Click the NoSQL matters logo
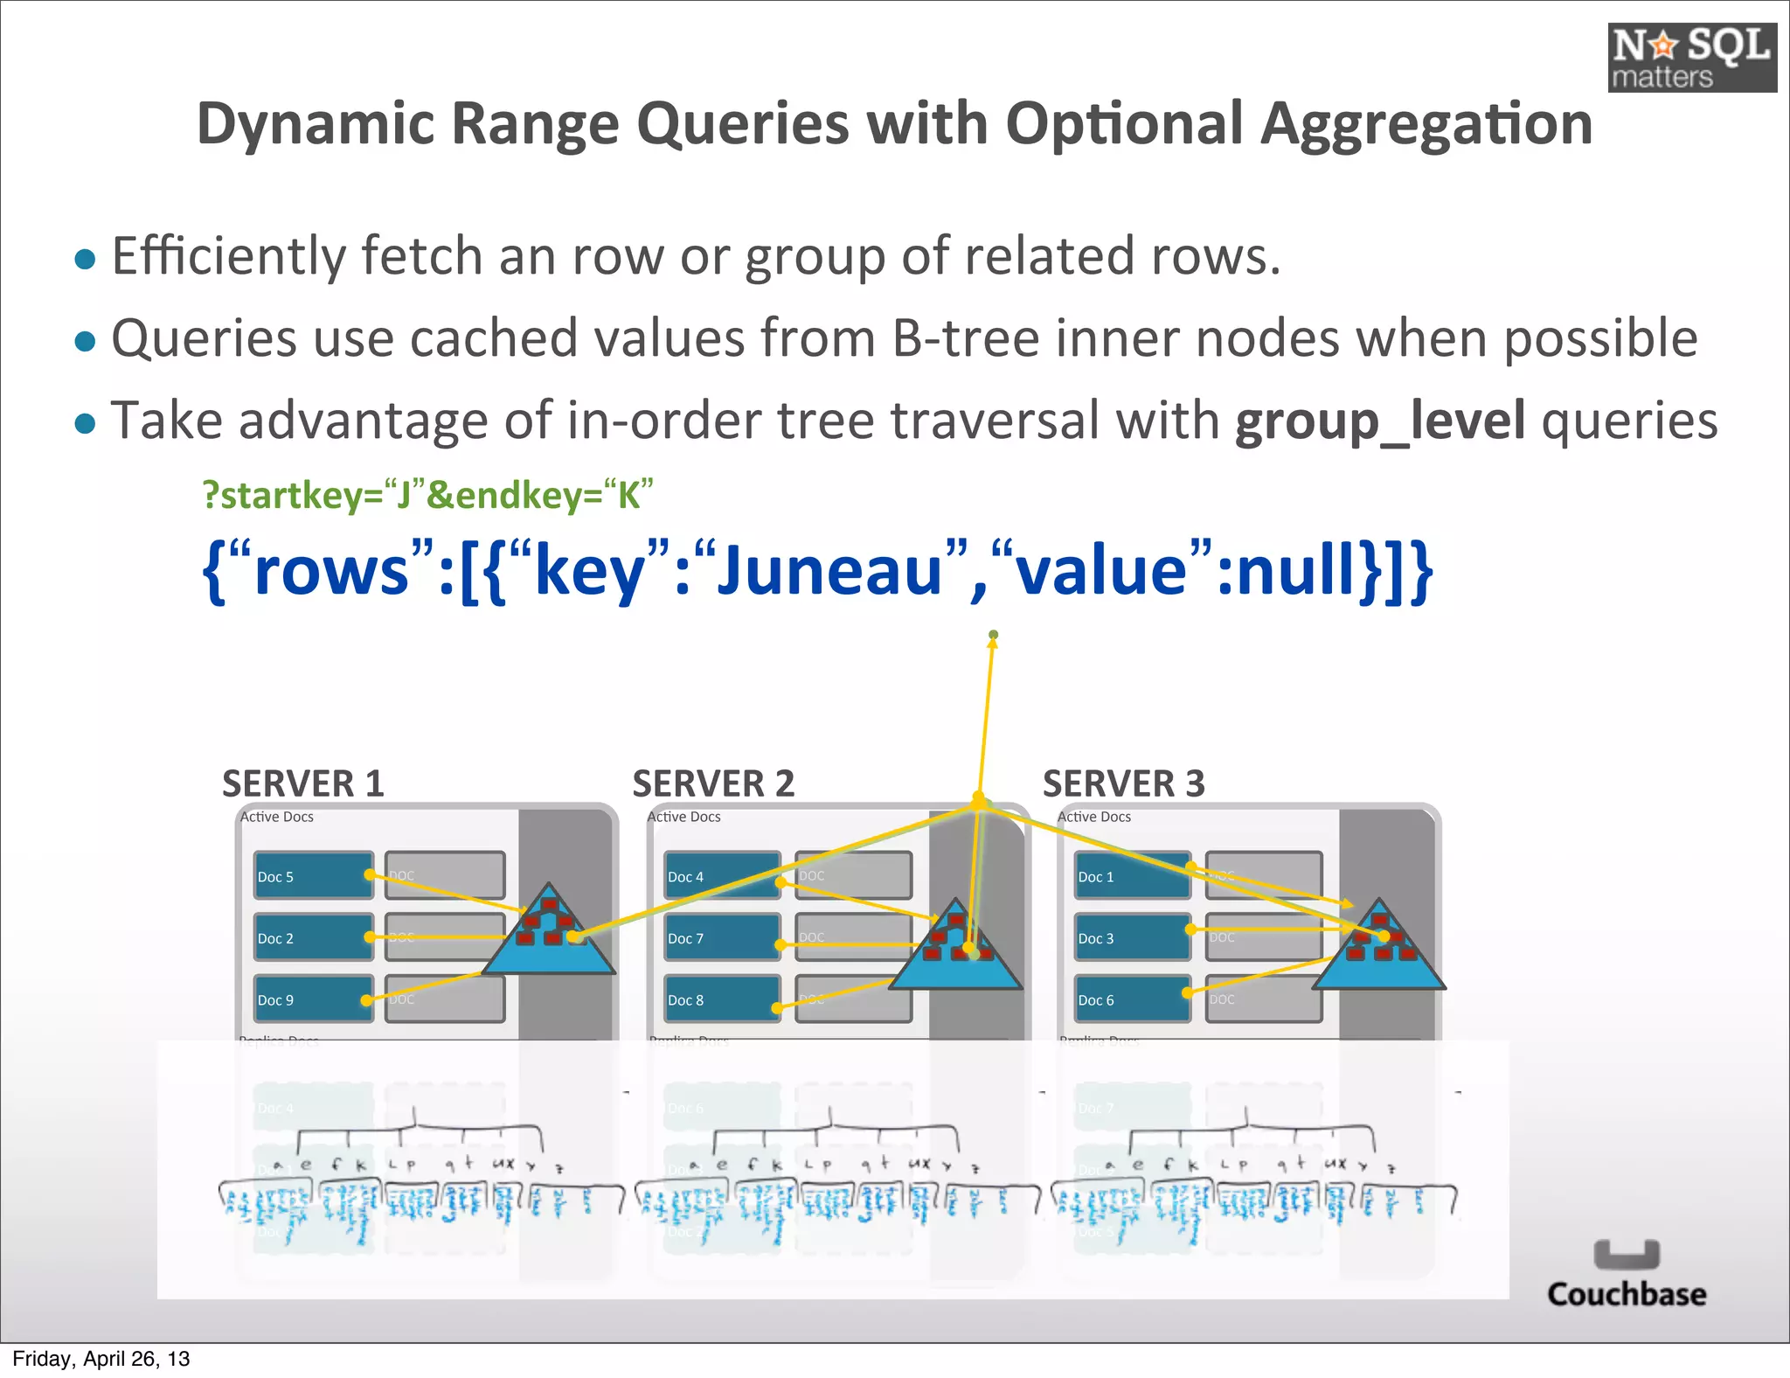(1691, 58)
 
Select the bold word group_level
(1380, 421)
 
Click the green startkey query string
(427, 495)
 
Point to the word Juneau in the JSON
(829, 570)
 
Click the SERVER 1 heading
(302, 783)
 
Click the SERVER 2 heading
(713, 783)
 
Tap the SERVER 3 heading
(1123, 783)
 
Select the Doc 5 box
(312, 876)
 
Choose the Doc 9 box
(312, 999)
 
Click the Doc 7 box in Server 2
(721, 937)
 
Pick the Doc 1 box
(1132, 876)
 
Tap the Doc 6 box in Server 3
(1132, 999)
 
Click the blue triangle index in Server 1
(549, 940)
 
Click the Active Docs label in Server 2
(683, 817)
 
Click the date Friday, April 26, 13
(101, 1359)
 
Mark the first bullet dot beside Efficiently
(85, 259)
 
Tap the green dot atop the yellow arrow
(993, 635)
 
